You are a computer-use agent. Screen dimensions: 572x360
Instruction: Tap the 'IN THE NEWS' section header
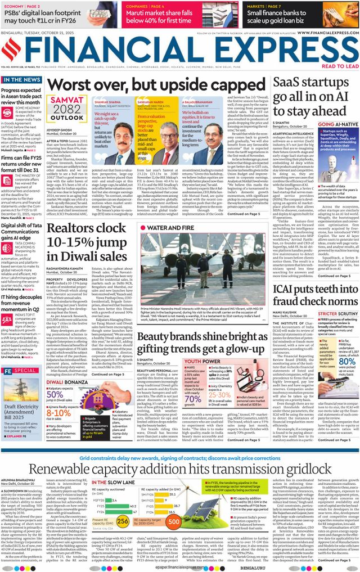point(21,80)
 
